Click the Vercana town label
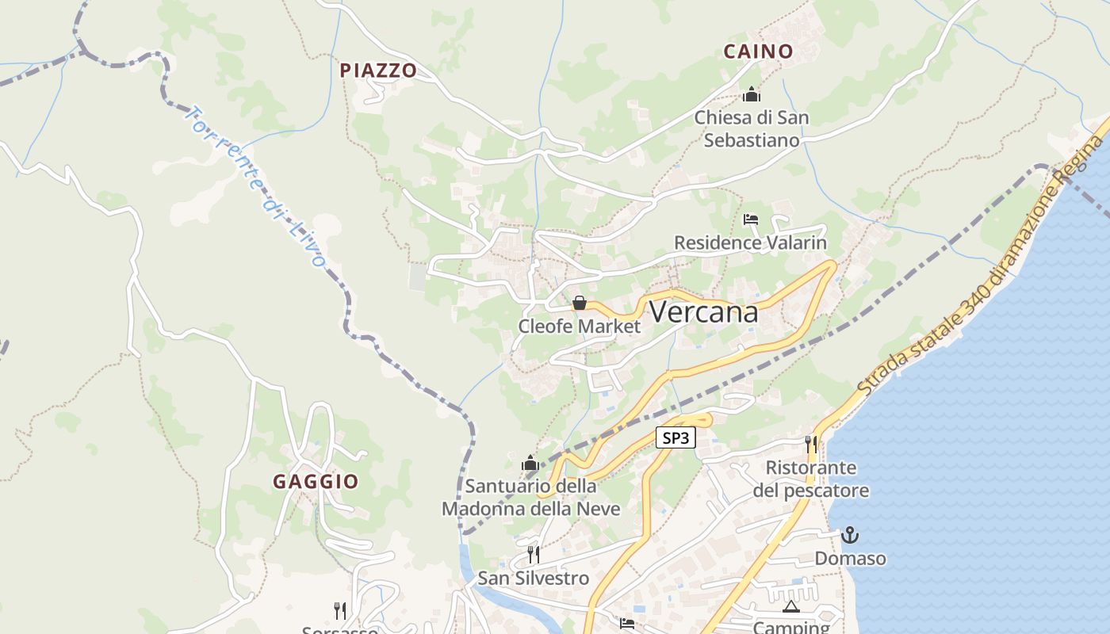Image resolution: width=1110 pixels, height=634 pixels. pyautogui.click(x=703, y=312)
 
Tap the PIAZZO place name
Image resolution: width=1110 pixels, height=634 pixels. pyautogui.click(x=378, y=71)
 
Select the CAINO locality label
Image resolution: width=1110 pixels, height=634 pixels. pyautogui.click(x=758, y=52)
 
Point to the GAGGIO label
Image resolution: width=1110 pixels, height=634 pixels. pyautogui.click(x=316, y=481)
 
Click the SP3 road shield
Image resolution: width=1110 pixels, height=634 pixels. pyautogui.click(x=676, y=437)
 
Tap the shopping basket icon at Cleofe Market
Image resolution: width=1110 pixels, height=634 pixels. pyautogui.click(x=580, y=303)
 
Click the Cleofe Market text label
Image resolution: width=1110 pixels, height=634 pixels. pyautogui.click(x=579, y=326)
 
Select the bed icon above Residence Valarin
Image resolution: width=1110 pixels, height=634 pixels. pyautogui.click(x=751, y=220)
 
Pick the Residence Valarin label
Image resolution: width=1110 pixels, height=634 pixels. pyautogui.click(x=750, y=243)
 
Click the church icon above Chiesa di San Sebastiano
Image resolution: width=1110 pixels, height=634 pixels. pyautogui.click(x=751, y=95)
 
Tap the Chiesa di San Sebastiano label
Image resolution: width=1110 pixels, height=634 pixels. pyautogui.click(x=752, y=128)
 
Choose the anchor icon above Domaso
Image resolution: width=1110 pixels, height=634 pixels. pyautogui.click(x=850, y=535)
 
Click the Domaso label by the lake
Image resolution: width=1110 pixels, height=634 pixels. pyautogui.click(x=850, y=558)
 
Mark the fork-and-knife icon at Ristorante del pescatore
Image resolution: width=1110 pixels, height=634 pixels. pyautogui.click(x=810, y=444)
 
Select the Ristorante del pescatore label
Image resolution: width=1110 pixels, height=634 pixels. pyautogui.click(x=810, y=479)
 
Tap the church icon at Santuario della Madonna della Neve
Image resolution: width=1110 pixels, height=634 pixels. pyautogui.click(x=530, y=463)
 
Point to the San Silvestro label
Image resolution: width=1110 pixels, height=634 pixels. pyautogui.click(x=533, y=578)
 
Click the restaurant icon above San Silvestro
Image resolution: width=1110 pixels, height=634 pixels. pyautogui.click(x=534, y=554)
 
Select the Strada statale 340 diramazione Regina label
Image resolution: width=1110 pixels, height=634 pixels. pyautogui.click(x=983, y=266)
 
